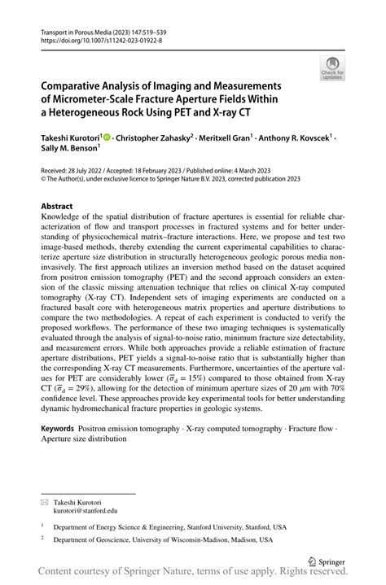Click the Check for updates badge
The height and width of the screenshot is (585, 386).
pyautogui.click(x=331, y=68)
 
